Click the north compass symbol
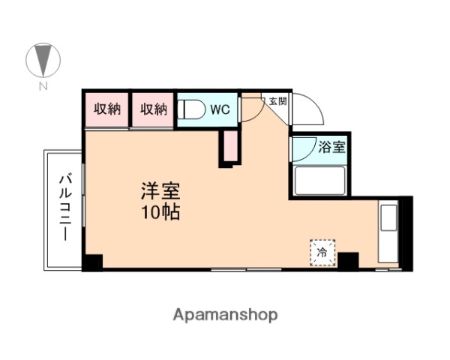coord(43,61)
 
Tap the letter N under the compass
coord(43,86)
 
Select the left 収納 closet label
coord(106,109)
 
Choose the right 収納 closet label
coord(153,109)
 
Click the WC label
coord(220,109)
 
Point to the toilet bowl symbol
coord(192,109)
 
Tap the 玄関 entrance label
coord(277,100)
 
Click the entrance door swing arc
coord(309,110)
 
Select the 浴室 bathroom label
coord(331,147)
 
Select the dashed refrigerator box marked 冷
coord(323,251)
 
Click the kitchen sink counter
coord(388,232)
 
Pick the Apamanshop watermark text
coord(225,314)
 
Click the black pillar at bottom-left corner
coord(92,262)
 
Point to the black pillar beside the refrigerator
coord(348,261)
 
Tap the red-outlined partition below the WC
coord(228,148)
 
